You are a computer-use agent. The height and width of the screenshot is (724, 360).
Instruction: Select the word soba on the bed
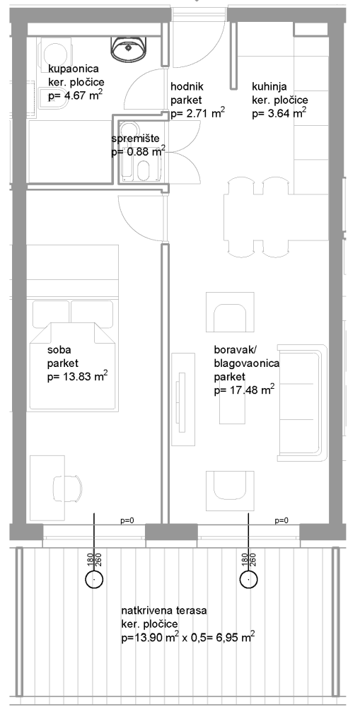tap(57, 350)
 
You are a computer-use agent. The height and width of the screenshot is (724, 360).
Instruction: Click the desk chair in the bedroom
tap(67, 487)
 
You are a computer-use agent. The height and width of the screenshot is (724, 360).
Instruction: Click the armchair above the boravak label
tap(230, 312)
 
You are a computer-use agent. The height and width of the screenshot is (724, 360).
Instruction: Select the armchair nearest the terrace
tap(230, 491)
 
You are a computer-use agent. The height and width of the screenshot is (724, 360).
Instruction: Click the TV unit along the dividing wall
tap(184, 399)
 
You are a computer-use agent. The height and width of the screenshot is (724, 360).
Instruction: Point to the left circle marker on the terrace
tap(94, 579)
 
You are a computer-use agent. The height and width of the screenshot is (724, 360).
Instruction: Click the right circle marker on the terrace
tap(249, 579)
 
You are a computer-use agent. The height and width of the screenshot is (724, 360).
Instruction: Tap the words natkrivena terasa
tap(164, 610)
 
